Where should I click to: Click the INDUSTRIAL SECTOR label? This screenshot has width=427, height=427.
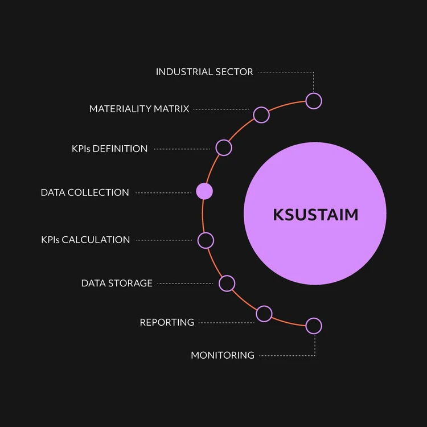point(204,72)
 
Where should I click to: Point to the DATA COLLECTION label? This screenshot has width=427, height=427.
point(85,192)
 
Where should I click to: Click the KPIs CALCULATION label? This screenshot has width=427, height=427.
point(85,240)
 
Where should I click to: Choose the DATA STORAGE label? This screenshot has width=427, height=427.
point(117,283)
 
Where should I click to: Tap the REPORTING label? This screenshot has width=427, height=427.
point(167,322)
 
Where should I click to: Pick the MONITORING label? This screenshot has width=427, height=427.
point(223,355)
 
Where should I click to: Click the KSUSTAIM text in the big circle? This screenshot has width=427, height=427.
point(315,215)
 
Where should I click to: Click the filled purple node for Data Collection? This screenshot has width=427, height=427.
point(204,191)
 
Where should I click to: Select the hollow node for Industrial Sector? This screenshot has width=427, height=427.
point(314,101)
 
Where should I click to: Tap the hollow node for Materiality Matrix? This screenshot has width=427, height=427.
point(261,114)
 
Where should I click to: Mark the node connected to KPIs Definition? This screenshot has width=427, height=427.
point(224,148)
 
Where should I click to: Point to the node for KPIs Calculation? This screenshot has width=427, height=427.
point(206,240)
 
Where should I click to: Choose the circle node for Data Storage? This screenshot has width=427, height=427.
point(227,283)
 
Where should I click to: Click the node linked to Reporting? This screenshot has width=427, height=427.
point(264,313)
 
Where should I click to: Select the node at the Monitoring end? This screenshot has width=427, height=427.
point(314,326)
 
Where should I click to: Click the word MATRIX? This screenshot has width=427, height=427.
point(173,109)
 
